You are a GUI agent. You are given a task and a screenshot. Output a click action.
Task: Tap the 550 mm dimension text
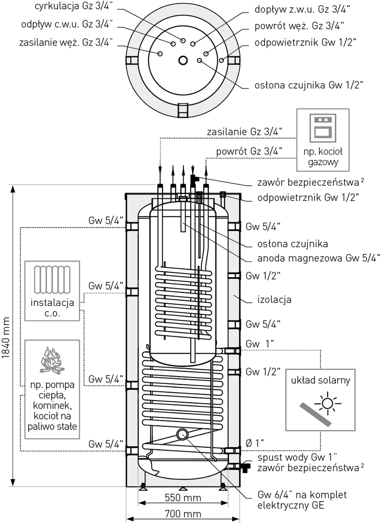tap(182, 497)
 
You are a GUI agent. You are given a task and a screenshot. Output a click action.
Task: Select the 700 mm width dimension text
tap(182, 514)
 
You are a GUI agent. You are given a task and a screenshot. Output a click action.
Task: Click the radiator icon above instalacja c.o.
tap(52, 280)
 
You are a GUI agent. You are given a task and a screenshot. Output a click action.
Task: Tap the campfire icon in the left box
tap(52, 361)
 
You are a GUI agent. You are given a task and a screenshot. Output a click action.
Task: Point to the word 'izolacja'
tap(274, 300)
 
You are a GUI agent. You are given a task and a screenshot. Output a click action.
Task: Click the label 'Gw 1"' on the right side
tap(260, 344)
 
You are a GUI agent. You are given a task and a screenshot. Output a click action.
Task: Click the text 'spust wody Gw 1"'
tap(295, 457)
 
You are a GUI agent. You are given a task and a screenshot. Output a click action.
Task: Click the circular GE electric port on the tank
tap(183, 434)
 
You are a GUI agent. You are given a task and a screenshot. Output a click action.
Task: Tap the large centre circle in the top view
tap(183, 60)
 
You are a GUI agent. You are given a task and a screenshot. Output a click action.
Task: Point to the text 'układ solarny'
tap(321, 380)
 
